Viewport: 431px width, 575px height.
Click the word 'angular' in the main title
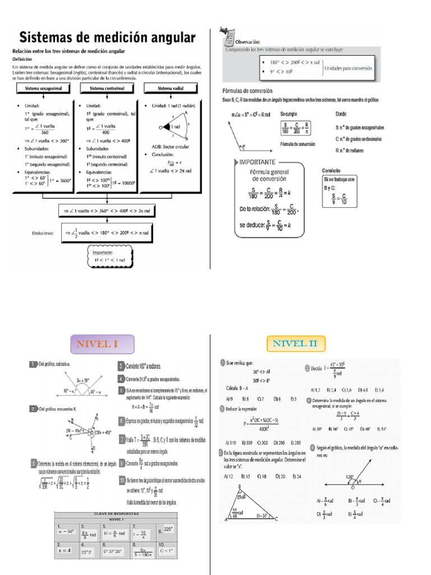pos(169,38)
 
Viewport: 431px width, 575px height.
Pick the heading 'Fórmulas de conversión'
pos(247,90)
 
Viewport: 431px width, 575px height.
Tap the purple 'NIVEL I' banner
pos(102,344)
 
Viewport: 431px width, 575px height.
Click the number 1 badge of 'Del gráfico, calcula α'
pos(34,365)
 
